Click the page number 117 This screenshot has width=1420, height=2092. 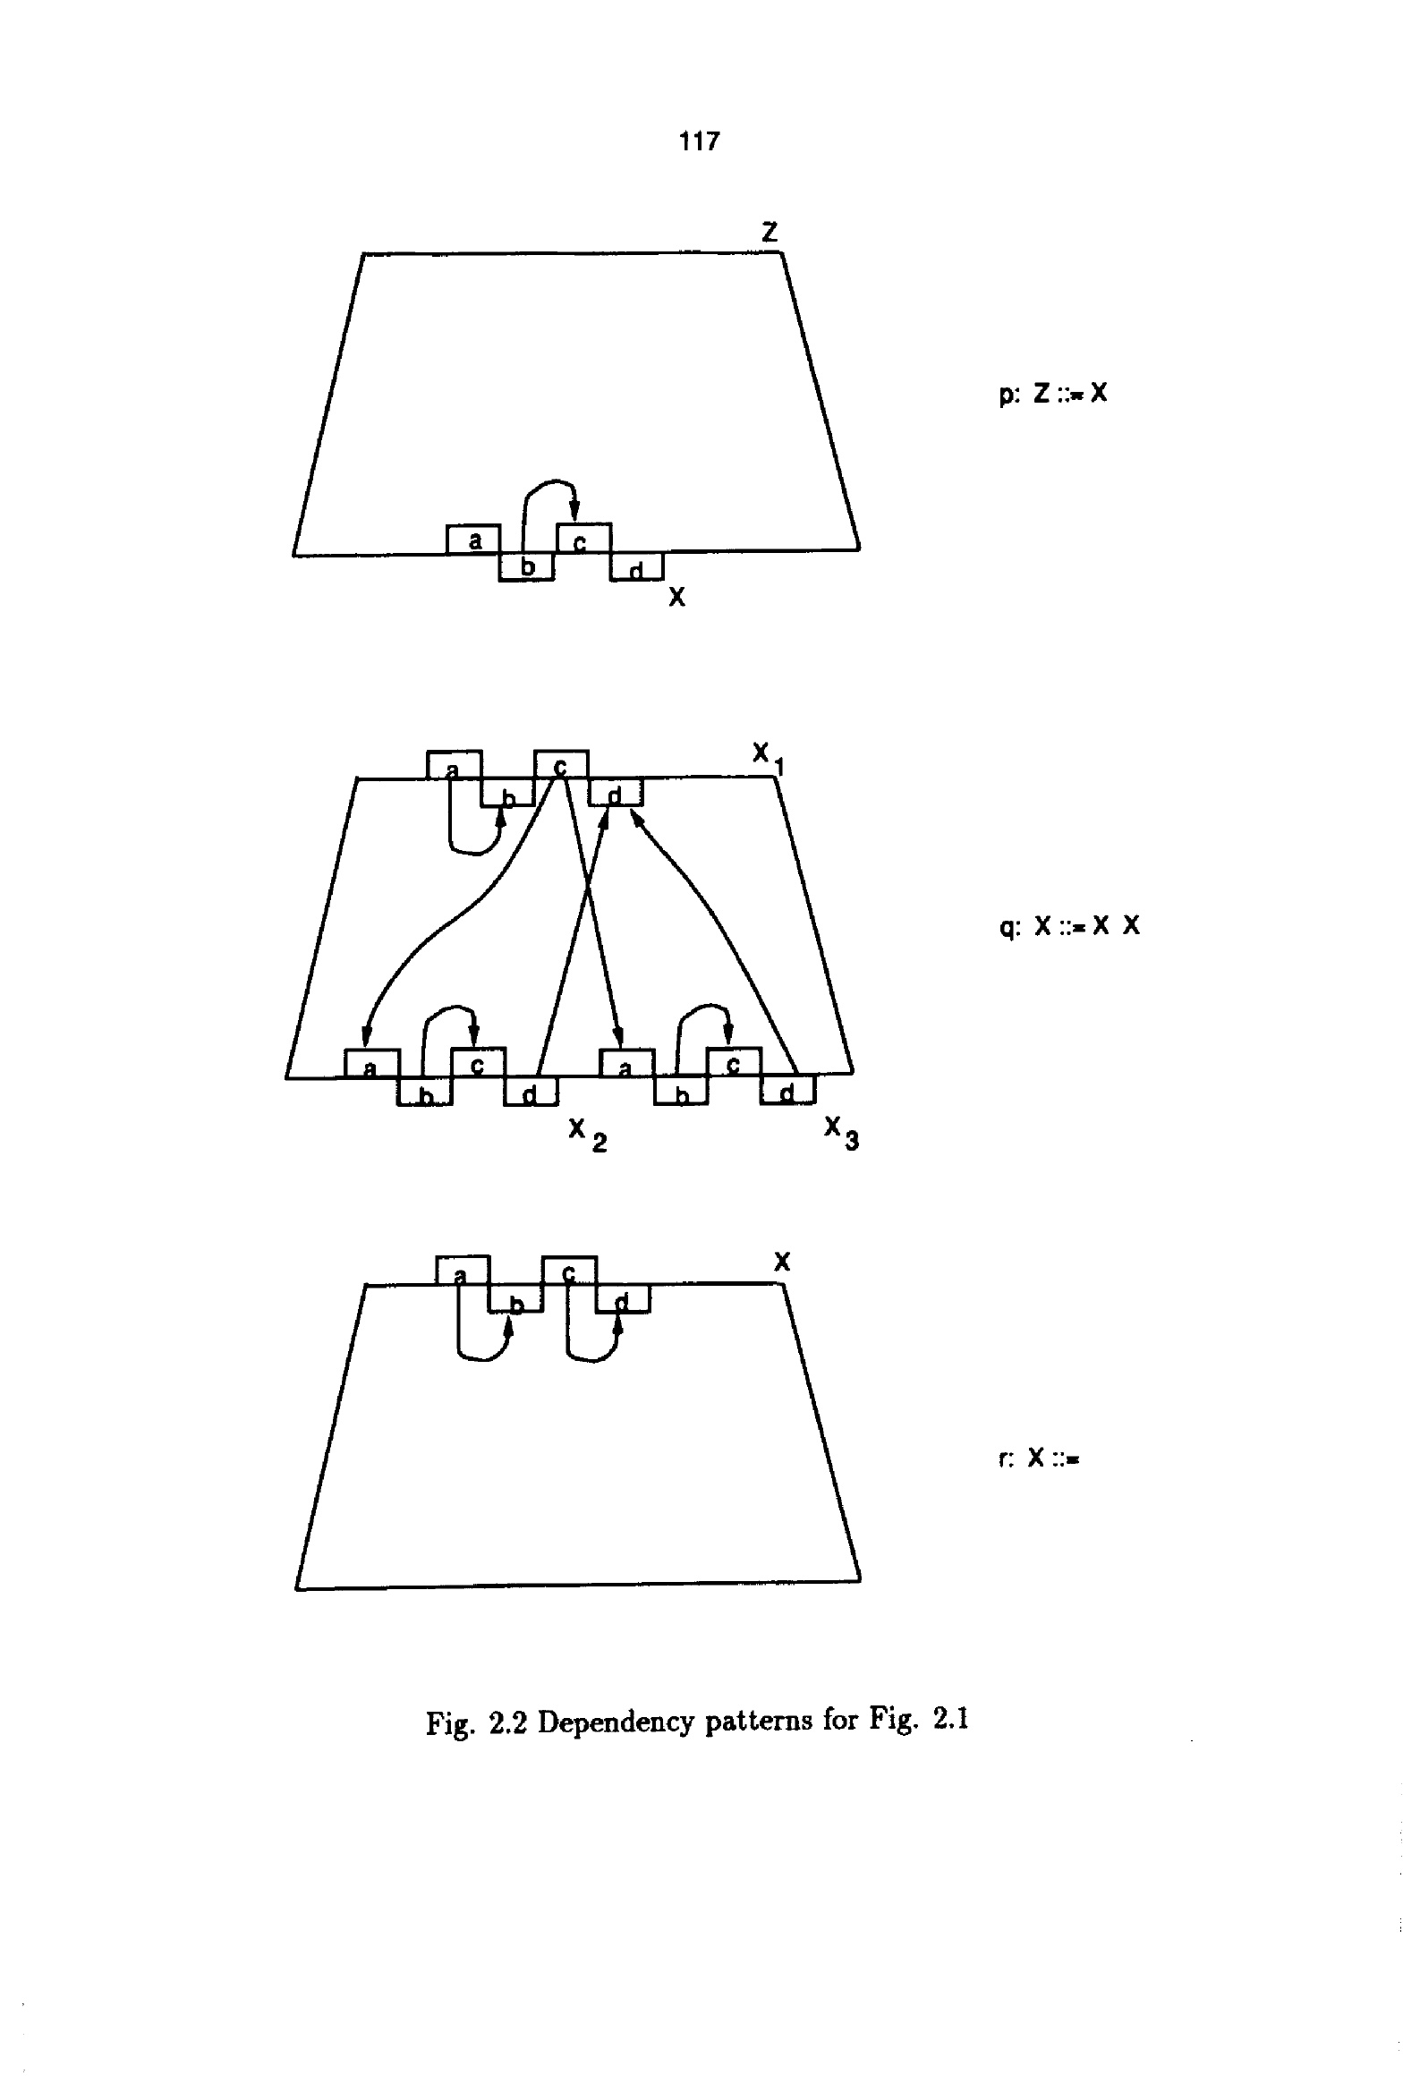pos(699,141)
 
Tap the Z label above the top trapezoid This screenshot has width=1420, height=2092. pos(769,233)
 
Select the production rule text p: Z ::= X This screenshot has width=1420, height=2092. pos(1052,394)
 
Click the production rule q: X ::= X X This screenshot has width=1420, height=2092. pos(1069,925)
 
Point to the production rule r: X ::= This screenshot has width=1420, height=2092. pos(1038,1458)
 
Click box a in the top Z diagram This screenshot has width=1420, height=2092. pos(473,540)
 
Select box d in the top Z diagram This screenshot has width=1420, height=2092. pos(636,568)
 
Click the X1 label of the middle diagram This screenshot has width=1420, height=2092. pos(768,756)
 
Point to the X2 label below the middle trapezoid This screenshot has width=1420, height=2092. pos(587,1134)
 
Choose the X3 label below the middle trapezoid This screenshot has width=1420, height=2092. pos(841,1132)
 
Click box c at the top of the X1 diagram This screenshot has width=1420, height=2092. pos(561,764)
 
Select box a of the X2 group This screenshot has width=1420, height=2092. pos(371,1064)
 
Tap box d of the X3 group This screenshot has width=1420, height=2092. pos(788,1091)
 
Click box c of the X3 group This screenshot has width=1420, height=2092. pos(734,1062)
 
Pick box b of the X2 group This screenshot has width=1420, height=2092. pos(425,1093)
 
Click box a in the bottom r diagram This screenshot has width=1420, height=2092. pos(462,1271)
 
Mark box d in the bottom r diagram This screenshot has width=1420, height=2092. pos(622,1299)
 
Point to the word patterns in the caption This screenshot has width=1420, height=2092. pos(759,1721)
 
